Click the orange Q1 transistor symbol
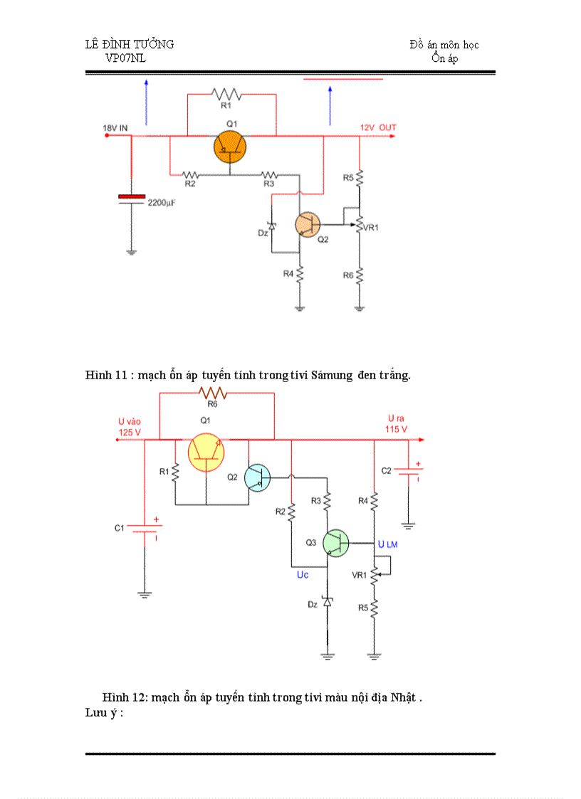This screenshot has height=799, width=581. [230, 147]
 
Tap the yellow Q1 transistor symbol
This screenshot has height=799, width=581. [206, 453]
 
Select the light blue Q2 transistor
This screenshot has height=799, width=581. [257, 477]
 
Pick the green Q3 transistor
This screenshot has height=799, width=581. [335, 543]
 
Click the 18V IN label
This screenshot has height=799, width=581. [115, 128]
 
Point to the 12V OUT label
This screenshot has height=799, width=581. [378, 127]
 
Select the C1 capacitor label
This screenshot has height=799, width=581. [120, 528]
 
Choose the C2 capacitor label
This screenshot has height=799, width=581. [386, 471]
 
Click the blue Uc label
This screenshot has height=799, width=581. [303, 575]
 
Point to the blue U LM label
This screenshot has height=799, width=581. [388, 544]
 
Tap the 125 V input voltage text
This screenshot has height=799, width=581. [130, 432]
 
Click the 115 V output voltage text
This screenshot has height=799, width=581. [396, 429]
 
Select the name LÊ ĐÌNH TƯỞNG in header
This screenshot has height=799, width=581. [130, 45]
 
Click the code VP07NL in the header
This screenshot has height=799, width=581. [125, 58]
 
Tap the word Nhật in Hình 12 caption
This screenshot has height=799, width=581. [404, 697]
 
